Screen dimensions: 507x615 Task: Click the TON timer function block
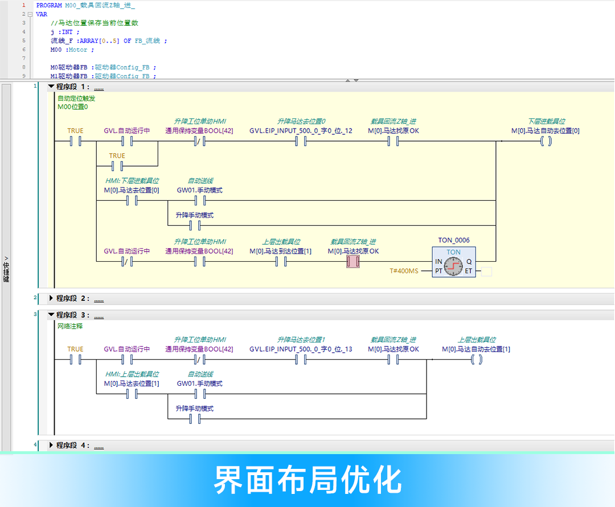click(x=454, y=262)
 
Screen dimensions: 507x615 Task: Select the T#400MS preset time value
click(x=403, y=271)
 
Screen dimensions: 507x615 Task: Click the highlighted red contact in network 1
click(x=353, y=262)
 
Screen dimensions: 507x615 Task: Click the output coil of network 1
click(x=545, y=142)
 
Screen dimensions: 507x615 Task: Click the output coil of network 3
click(x=476, y=360)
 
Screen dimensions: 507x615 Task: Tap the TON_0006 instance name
click(x=454, y=241)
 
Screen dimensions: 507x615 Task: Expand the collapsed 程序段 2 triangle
click(x=51, y=298)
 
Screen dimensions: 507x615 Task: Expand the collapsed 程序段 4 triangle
click(x=51, y=445)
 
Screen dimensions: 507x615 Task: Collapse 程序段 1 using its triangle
click(x=51, y=87)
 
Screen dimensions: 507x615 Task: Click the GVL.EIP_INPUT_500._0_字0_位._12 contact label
click(x=301, y=131)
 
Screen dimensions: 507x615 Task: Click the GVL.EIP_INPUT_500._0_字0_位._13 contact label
click(x=301, y=349)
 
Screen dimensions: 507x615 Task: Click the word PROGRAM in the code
click(x=48, y=5)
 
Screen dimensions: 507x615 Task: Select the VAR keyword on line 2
click(x=42, y=14)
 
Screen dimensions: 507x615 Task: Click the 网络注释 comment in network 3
click(x=70, y=327)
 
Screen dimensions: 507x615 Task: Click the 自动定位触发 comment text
click(x=76, y=98)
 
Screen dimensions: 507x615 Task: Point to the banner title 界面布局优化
click(x=307, y=480)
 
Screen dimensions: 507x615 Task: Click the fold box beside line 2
click(x=30, y=14)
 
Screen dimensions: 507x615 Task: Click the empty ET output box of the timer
click(x=486, y=272)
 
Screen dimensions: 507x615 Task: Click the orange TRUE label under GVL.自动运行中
click(x=117, y=155)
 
